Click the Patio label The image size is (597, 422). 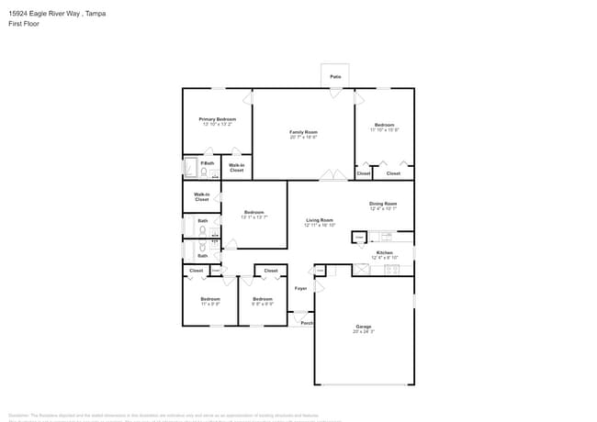pyautogui.click(x=335, y=76)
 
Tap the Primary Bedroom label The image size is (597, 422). pyautogui.click(x=218, y=119)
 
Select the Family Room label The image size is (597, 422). pyautogui.click(x=303, y=132)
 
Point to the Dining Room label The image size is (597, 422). pyautogui.click(x=383, y=203)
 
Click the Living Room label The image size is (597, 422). pyautogui.click(x=319, y=220)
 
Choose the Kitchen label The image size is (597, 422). pyautogui.click(x=384, y=252)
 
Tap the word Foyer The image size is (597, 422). pyautogui.click(x=300, y=289)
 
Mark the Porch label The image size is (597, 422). pyautogui.click(x=307, y=323)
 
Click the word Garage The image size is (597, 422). pyautogui.click(x=364, y=327)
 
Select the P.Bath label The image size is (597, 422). pyautogui.click(x=208, y=163)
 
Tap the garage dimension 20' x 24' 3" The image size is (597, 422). pyautogui.click(x=364, y=332)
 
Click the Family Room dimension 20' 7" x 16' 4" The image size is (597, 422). pyautogui.click(x=303, y=138)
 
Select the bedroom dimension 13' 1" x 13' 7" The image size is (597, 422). pyautogui.click(x=254, y=217)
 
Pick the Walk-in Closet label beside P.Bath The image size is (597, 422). pyautogui.click(x=237, y=168)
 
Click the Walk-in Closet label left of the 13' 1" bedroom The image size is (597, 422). pyautogui.click(x=202, y=196)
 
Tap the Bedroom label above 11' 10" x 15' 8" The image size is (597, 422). pyautogui.click(x=384, y=125)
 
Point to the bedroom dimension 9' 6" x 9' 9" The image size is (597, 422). pyautogui.click(x=263, y=305)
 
